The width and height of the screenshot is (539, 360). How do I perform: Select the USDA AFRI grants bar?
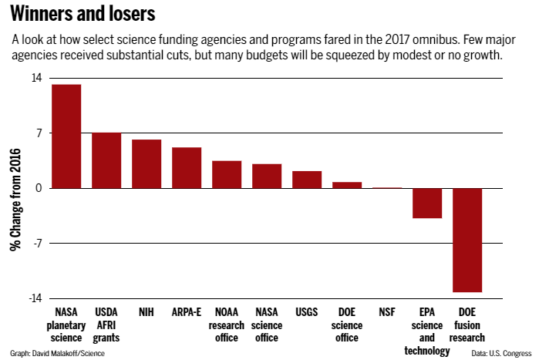pos(106,160)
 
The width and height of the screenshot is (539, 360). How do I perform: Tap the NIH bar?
pos(147,164)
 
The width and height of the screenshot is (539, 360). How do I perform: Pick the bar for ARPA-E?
pos(187,168)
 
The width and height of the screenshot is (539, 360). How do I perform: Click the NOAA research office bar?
pos(227,174)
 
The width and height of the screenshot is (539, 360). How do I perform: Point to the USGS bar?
pos(307,180)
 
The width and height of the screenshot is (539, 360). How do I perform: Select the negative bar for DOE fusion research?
pos(467,240)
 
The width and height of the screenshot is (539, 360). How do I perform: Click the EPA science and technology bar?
pos(427,204)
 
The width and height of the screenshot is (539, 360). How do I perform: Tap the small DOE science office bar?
pos(347,185)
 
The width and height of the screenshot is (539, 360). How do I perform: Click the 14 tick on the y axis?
pos(36,78)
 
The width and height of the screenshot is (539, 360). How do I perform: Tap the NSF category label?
pos(387,313)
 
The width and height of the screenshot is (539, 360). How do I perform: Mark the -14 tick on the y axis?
pos(35,298)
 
